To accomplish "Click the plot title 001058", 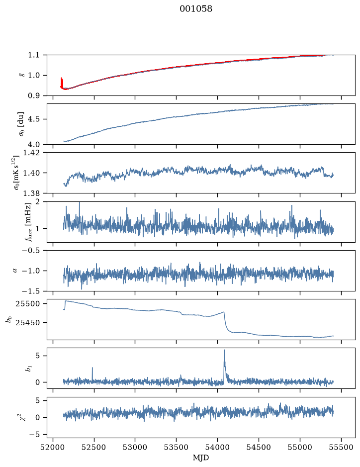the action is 196,9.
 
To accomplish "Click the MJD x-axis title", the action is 201,458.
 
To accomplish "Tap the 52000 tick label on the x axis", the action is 53,447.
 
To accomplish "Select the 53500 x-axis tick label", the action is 177,447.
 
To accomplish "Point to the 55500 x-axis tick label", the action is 341,447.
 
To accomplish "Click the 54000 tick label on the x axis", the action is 217,447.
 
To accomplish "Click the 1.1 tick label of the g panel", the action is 34,55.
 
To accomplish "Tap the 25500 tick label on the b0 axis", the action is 27,304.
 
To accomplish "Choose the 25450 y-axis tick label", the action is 27,323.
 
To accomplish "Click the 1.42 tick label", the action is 31,153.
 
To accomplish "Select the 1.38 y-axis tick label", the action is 31,193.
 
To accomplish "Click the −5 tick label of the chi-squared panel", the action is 34,435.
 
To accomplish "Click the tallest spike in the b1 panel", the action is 224,350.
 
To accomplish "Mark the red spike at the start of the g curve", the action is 61,82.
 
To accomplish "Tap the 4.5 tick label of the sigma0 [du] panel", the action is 34,119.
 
